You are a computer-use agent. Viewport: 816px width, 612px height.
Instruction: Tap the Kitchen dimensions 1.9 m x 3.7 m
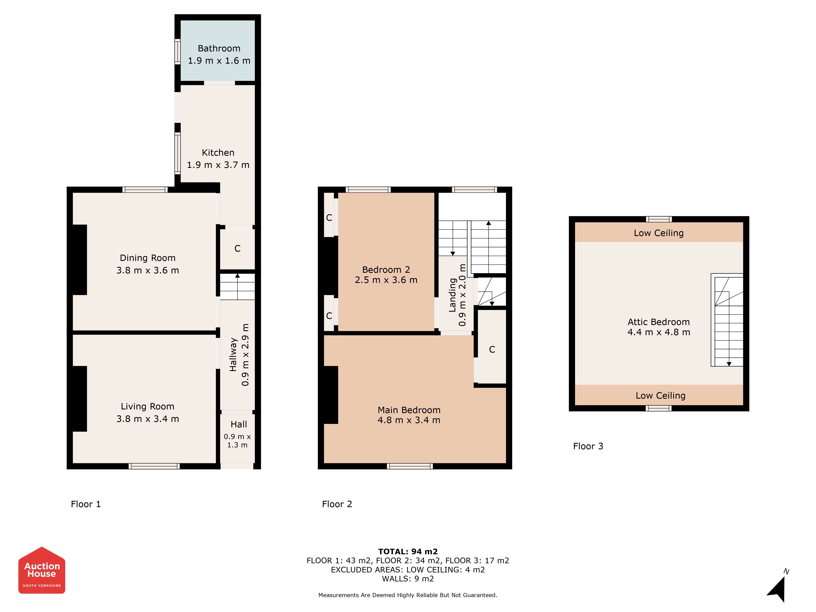tap(218, 165)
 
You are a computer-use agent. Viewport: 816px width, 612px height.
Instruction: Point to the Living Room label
tap(147, 407)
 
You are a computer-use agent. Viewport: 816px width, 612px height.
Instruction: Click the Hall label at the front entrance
tap(239, 425)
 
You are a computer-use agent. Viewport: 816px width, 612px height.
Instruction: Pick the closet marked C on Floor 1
tap(238, 249)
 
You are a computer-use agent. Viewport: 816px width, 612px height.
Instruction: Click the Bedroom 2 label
tap(386, 270)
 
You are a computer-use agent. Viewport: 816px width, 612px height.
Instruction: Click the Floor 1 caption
tap(86, 504)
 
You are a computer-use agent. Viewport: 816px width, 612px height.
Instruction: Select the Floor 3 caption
tap(588, 446)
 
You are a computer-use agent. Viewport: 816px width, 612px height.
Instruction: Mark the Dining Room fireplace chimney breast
tap(80, 260)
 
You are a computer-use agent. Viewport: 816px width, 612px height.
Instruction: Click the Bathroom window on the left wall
tap(177, 52)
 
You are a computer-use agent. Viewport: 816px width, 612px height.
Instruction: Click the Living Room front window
tap(154, 466)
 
